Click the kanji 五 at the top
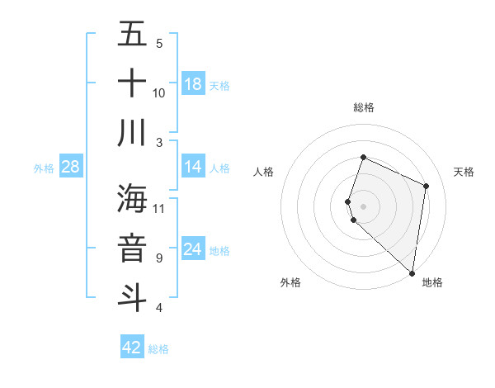coord(132,35)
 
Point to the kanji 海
coord(132,199)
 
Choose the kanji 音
coord(132,248)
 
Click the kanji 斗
coord(132,296)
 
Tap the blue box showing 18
coord(193,84)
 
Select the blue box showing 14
coord(193,167)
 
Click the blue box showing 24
coord(193,249)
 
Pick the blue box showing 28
coord(71,167)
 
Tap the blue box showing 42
coord(132,348)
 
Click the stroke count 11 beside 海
coord(159,208)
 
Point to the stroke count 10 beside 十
coord(159,92)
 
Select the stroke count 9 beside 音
coord(159,258)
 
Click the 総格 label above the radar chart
coord(364,107)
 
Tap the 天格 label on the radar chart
coord(464,172)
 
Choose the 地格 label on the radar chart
coord(432,282)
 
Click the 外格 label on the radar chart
coord(290,282)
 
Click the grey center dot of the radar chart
coord(364,206)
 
